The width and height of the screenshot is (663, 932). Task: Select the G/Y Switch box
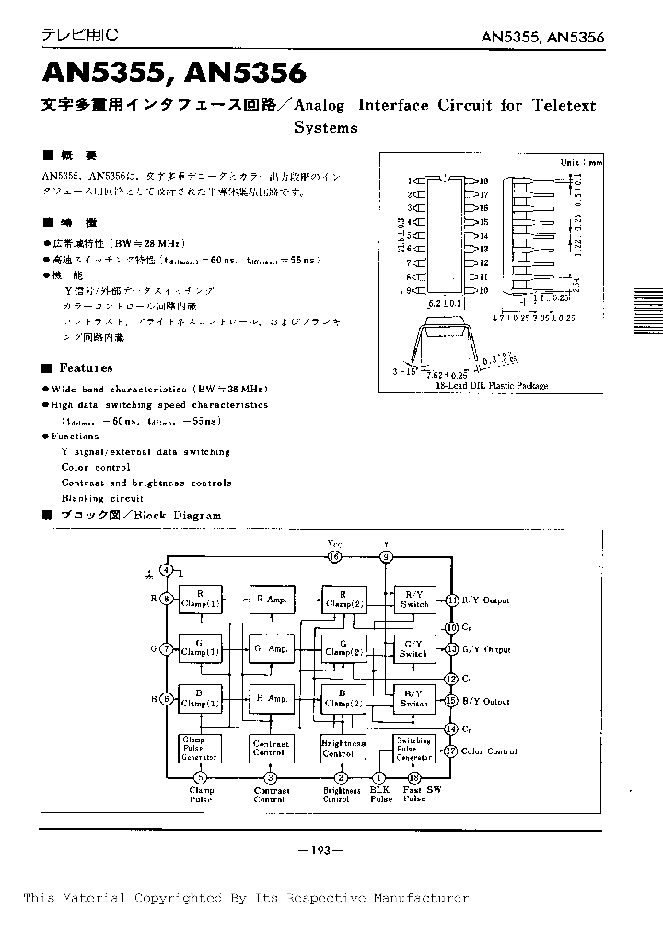point(413,648)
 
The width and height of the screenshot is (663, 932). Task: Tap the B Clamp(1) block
point(200,699)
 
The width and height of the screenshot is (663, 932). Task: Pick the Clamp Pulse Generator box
point(199,748)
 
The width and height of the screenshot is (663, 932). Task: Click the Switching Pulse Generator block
point(413,748)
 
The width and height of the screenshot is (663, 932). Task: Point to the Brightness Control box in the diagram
point(343,748)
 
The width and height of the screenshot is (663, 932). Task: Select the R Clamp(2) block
point(343,600)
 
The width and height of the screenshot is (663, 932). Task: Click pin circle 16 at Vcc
point(334,556)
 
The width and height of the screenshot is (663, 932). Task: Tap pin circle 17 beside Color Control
point(451,751)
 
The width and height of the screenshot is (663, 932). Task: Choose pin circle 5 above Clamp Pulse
point(200,777)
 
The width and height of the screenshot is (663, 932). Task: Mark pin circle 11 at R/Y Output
point(451,600)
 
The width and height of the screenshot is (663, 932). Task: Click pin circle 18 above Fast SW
point(414,777)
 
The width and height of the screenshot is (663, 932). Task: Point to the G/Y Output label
point(485,649)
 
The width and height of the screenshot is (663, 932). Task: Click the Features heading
point(86,367)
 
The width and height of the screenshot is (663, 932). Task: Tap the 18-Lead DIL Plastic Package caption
point(492,386)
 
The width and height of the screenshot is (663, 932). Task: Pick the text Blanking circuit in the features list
point(102,498)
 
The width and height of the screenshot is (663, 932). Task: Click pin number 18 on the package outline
point(483,181)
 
